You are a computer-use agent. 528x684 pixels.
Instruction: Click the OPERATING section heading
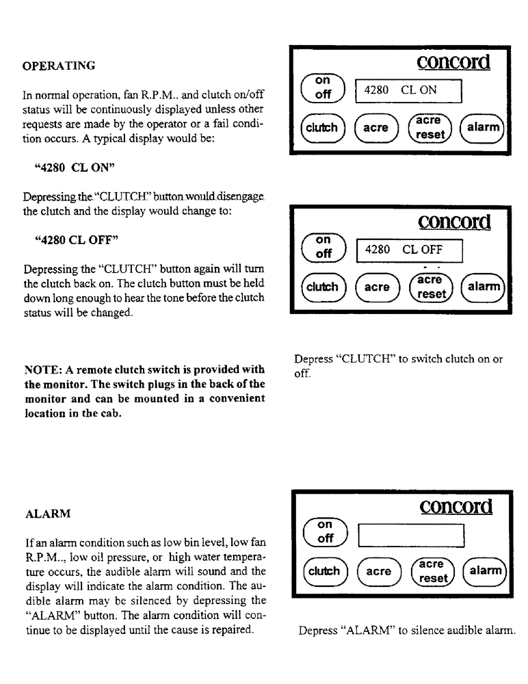click(59, 66)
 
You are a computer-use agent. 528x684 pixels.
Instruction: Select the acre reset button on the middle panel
click(430, 287)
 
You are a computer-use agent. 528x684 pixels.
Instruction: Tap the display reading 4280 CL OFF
click(410, 250)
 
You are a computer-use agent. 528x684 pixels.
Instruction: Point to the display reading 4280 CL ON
click(408, 90)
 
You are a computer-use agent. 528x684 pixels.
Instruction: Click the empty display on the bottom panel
click(410, 536)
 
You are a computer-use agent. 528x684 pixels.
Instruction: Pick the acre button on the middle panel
click(377, 287)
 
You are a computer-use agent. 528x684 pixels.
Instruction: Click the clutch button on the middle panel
click(323, 287)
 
